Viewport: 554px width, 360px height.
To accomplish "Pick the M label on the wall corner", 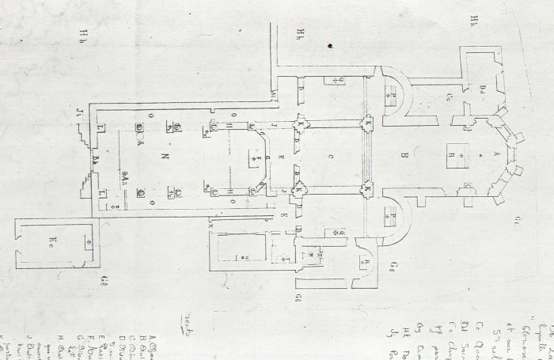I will tap(274, 95).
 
